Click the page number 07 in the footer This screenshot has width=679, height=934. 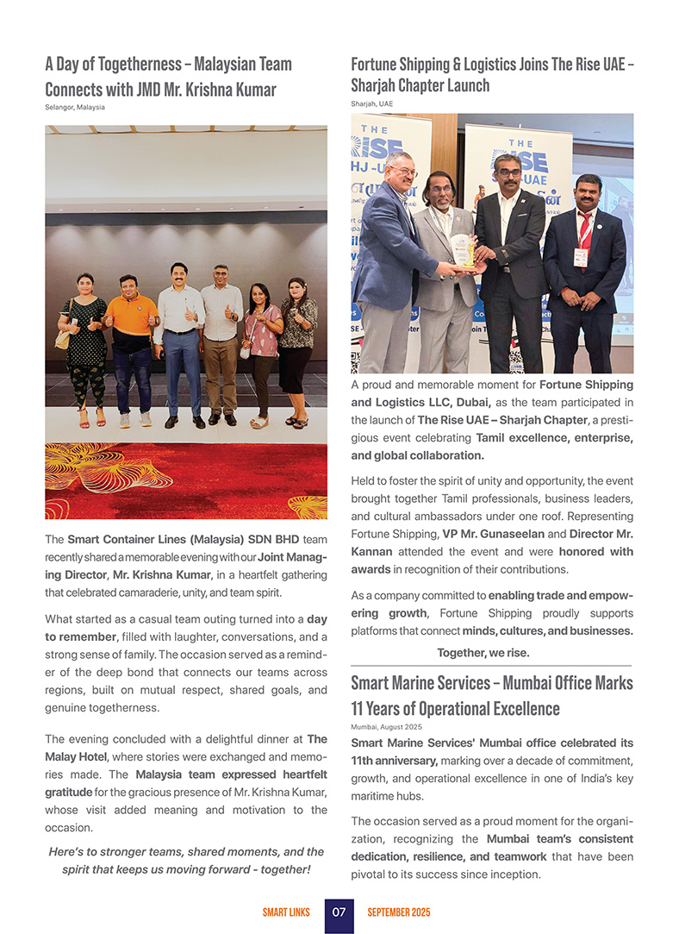pos(339,912)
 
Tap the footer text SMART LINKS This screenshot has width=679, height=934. pos(287,912)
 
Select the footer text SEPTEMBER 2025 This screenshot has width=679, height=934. pos(398,912)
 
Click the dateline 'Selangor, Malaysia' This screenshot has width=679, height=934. pos(75,107)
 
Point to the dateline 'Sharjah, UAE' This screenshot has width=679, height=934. pos(371,103)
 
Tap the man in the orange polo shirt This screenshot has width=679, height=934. pos(131,345)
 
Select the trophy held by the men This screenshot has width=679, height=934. pos(464,249)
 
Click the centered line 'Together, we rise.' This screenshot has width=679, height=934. pos(483,652)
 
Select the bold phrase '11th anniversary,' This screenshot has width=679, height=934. pos(395,761)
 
